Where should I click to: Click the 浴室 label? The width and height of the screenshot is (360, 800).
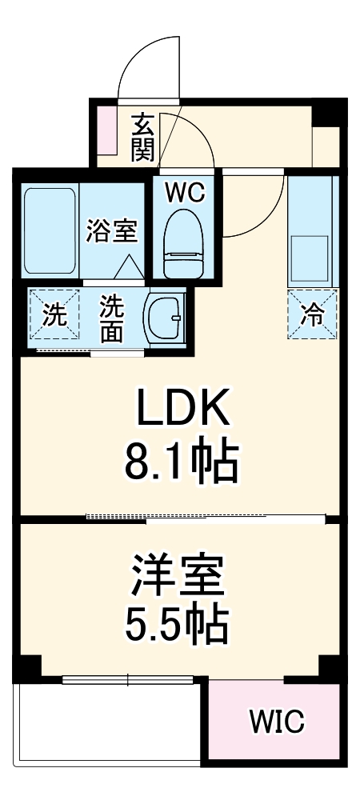coord(112,230)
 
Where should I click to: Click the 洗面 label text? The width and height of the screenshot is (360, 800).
coord(112,318)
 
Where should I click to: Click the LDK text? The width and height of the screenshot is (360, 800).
coord(182,410)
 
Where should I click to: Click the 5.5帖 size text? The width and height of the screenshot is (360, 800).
coord(177,626)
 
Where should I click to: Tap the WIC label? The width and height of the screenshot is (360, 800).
coord(276,721)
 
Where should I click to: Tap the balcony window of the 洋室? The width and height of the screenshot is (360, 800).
coord(128,682)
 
